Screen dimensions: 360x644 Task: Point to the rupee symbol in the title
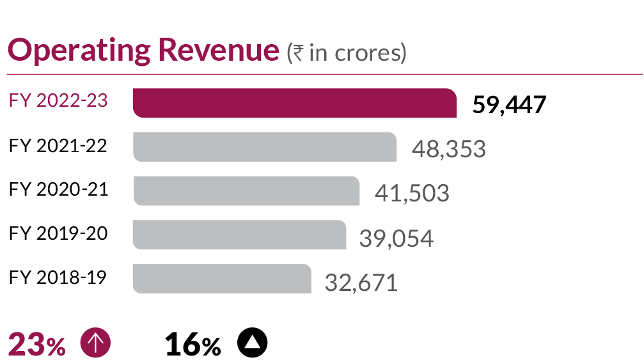pos(297,53)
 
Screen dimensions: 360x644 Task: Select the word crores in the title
pos(372,53)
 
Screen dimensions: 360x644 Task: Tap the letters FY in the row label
pos(20,101)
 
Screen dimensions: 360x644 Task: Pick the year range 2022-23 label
pos(71,101)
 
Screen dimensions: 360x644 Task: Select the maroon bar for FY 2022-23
pos(294,104)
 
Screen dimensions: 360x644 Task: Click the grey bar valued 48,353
pos(265,147)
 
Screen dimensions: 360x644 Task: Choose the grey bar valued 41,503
pos(246,191)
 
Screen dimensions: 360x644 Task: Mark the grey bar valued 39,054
pos(239,235)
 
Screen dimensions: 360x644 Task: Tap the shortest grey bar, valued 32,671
pos(221,278)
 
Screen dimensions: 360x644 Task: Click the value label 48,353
pos(448,149)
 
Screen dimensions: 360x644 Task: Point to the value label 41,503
pos(411,193)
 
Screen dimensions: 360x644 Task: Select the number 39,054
pos(396,239)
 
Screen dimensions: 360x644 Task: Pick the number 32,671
pos(361,282)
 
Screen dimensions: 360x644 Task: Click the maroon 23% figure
pos(36,346)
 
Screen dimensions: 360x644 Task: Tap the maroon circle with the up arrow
pos(95,344)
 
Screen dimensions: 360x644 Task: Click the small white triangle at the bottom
pos(253,343)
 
